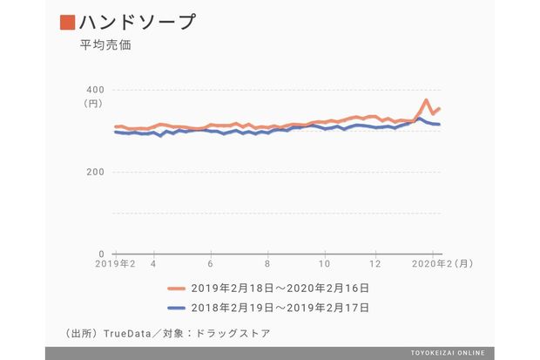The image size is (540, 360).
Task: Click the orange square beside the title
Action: point(67,22)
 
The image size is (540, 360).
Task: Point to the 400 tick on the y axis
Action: point(95,89)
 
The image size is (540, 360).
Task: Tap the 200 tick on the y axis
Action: point(95,172)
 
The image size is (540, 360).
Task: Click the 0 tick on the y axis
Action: point(101,254)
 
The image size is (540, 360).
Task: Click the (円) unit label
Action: point(93,103)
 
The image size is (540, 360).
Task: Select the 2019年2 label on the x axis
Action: point(114,263)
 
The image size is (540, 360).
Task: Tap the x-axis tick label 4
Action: point(153,263)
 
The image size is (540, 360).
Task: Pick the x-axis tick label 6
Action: point(211,263)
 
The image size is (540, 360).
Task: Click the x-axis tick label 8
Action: point(267,263)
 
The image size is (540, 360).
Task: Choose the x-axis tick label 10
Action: point(324,263)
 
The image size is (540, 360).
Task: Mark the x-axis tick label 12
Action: point(375,263)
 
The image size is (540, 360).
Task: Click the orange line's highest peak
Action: point(425,100)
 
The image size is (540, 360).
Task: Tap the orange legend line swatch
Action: point(178,287)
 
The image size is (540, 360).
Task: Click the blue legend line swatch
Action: point(178,307)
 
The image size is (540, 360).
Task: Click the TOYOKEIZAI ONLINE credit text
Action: point(449,353)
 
